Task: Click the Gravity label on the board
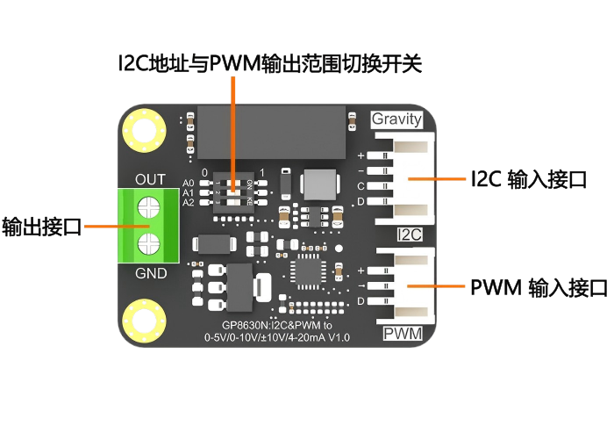(396, 119)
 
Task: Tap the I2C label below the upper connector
(410, 235)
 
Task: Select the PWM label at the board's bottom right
(403, 334)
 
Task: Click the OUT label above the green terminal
(150, 179)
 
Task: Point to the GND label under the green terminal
(150, 273)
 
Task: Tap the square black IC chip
(311, 271)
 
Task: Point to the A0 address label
(188, 183)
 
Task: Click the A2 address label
(188, 202)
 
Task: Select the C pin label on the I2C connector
(361, 186)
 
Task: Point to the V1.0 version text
(338, 337)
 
